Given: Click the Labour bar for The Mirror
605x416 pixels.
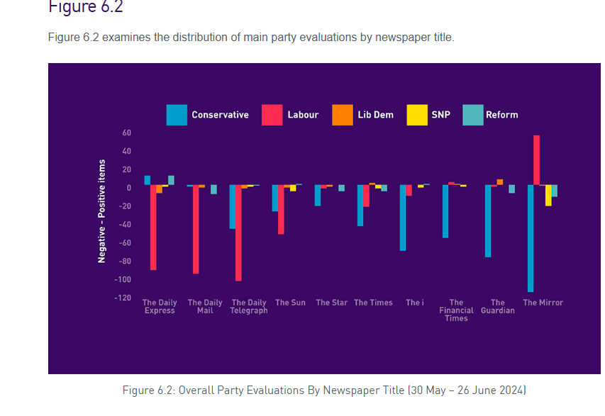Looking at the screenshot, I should point(536,160).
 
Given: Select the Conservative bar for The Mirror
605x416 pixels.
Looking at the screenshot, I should point(530,238).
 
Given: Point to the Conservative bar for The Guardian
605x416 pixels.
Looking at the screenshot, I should point(488,220).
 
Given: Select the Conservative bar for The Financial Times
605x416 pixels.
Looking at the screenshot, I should point(445,211).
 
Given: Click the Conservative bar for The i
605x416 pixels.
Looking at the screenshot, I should point(403,218).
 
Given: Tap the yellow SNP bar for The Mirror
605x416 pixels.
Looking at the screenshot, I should point(548,196).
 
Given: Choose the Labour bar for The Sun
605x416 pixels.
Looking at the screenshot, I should point(281,209).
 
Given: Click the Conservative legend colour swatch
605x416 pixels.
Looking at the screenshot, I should point(177,115).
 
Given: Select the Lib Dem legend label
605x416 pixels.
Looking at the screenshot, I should point(375,115).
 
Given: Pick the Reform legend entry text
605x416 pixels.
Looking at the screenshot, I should point(501,115).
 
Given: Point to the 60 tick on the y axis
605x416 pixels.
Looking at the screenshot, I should point(127,133).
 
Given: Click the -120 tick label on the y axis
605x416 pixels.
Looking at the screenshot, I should point(123,298).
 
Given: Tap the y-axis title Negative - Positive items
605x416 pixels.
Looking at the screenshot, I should point(101,210).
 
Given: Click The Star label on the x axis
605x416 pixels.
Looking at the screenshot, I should point(331,303).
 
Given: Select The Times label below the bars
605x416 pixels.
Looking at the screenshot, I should point(373,303).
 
